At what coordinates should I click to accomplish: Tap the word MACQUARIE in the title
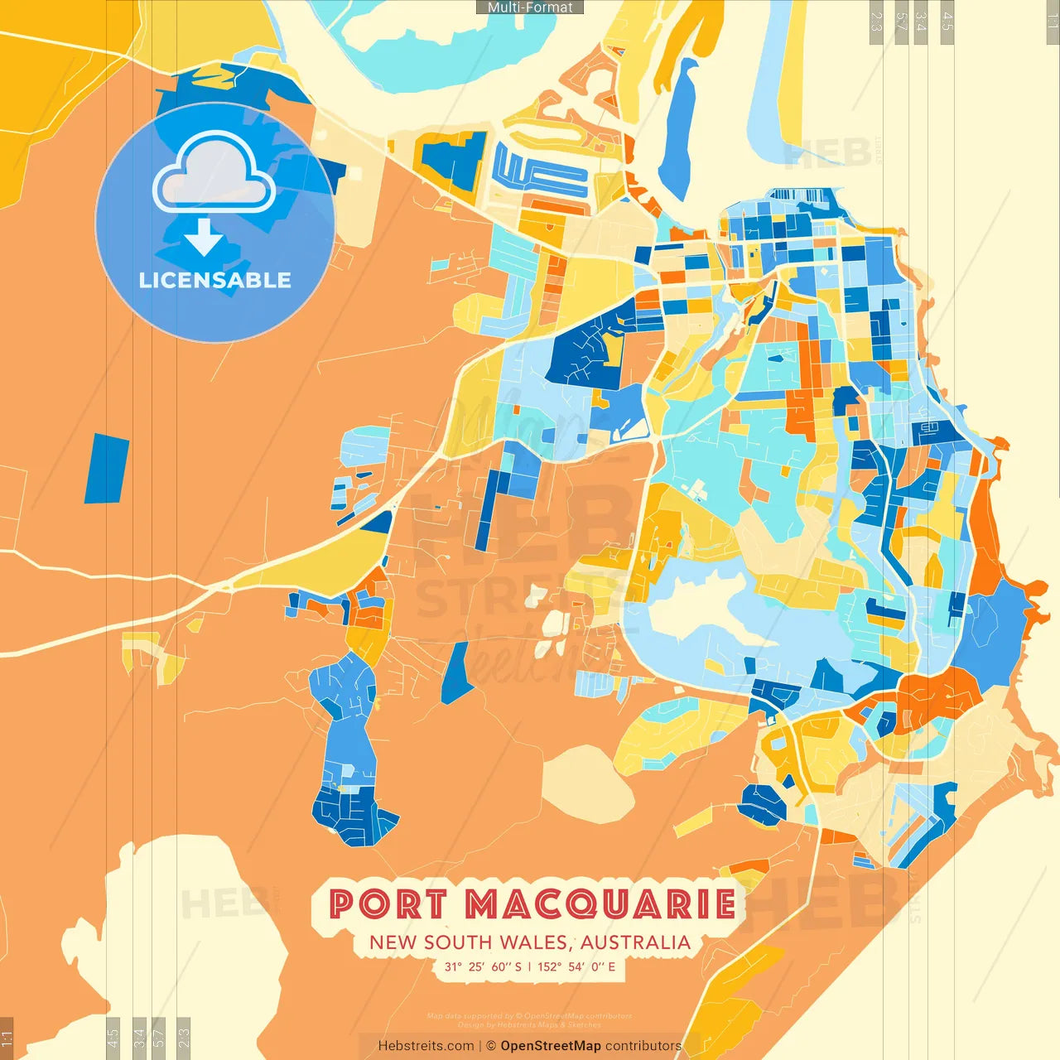[x=600, y=904]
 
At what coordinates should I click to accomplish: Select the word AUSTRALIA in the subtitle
[x=635, y=942]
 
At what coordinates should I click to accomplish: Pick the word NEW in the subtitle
[x=393, y=942]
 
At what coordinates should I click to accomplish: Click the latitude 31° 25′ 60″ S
[x=483, y=966]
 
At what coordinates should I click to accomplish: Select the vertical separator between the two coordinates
[x=529, y=966]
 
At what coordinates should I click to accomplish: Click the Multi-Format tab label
[x=530, y=7]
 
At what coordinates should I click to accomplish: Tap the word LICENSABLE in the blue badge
[x=215, y=280]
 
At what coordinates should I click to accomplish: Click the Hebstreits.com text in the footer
[x=426, y=1046]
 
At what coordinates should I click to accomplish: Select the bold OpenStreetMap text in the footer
[x=551, y=1046]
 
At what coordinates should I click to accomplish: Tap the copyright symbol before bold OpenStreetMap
[x=491, y=1046]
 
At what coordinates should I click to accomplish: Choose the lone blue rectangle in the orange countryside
[x=107, y=469]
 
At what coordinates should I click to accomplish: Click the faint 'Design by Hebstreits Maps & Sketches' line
[x=529, y=1024]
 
